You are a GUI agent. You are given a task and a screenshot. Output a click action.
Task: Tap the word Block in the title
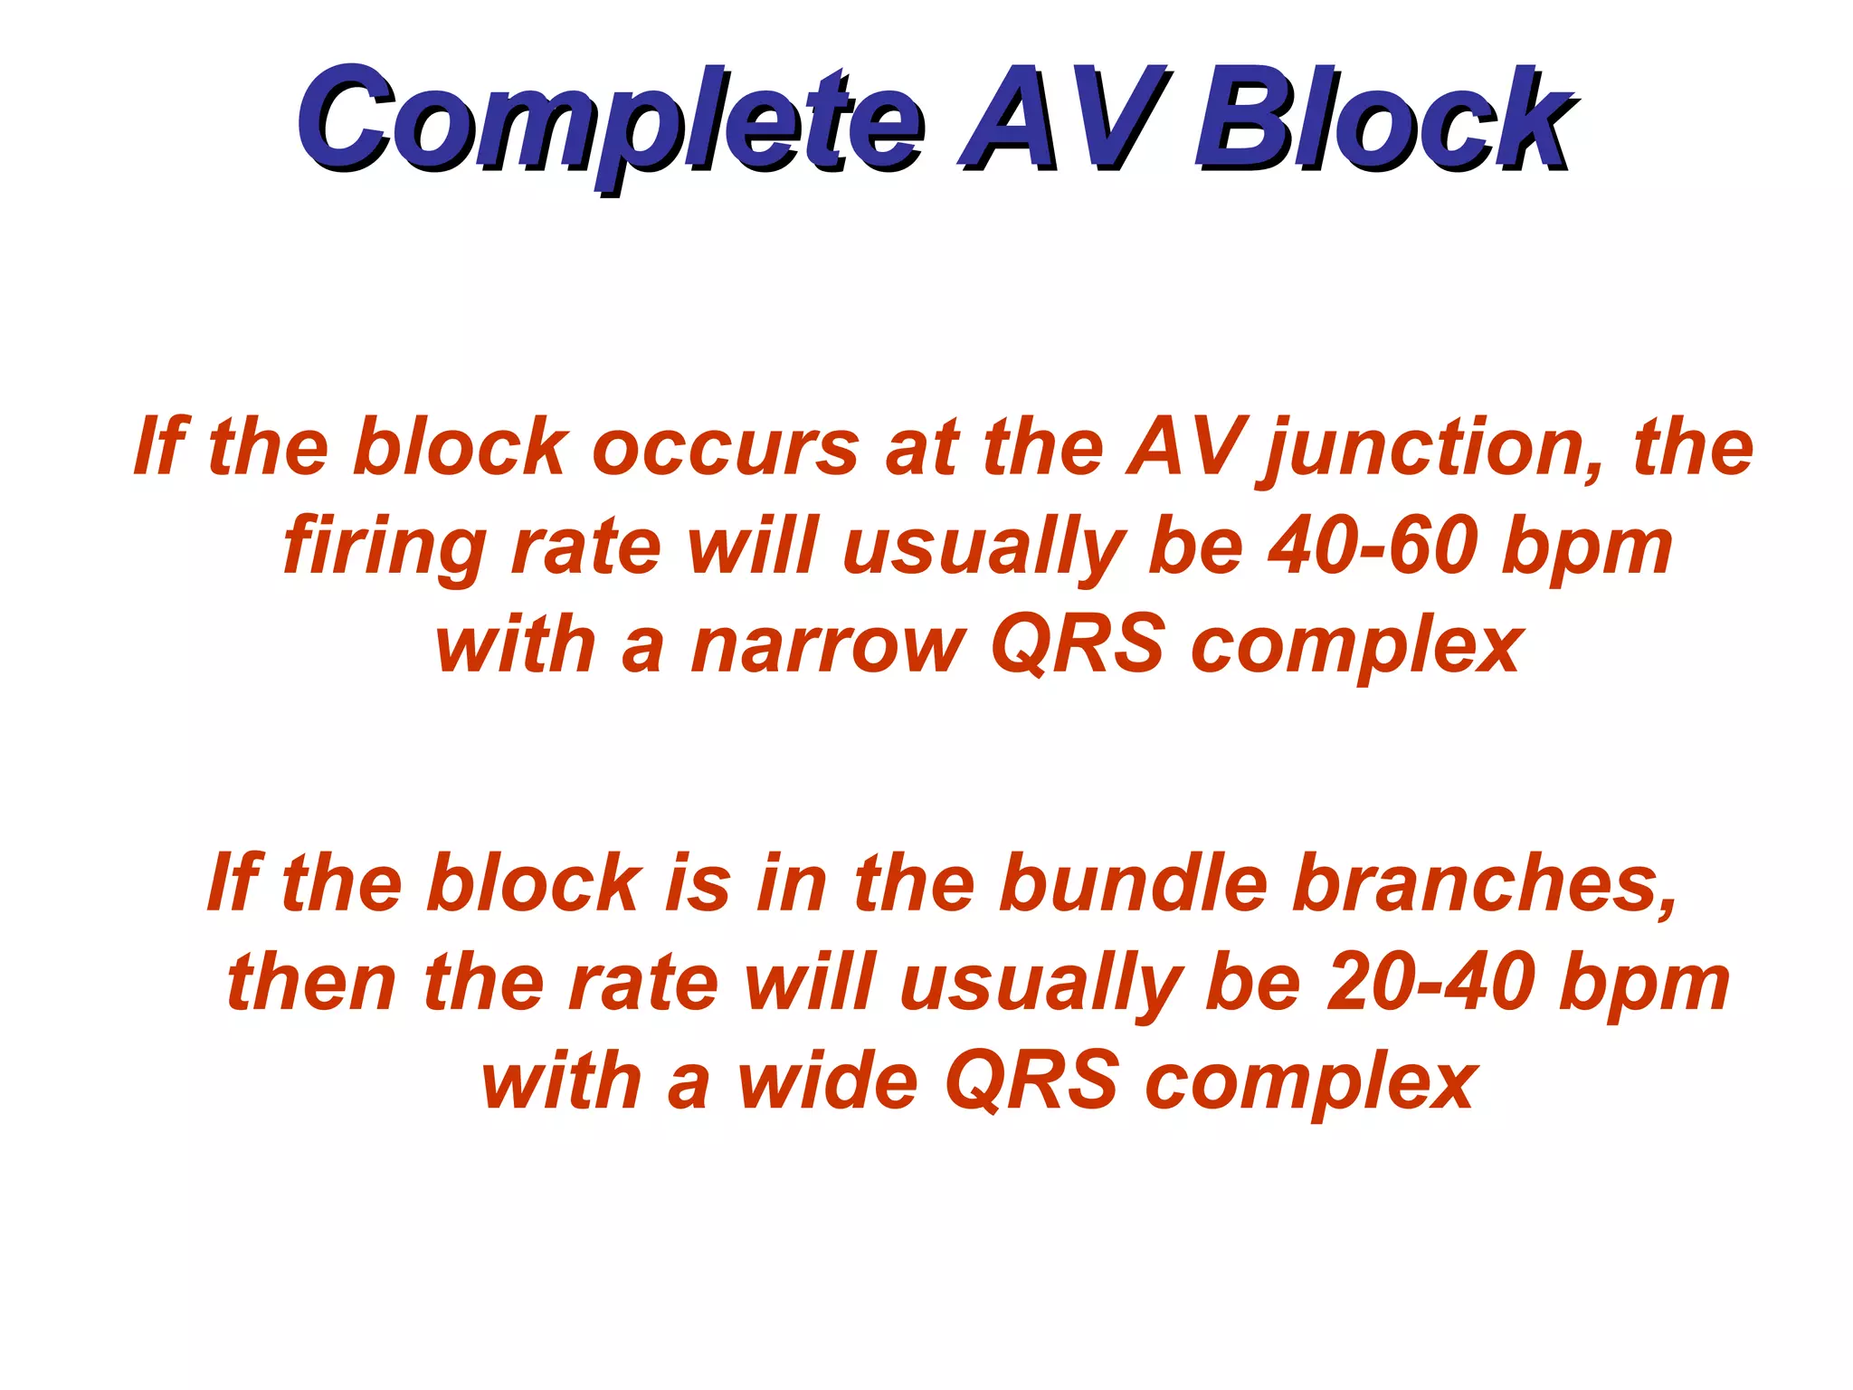(x=1384, y=122)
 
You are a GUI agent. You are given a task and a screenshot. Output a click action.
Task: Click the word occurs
(x=725, y=447)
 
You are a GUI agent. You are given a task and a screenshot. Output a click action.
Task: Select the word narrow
(x=828, y=646)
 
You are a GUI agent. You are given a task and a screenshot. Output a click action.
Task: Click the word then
(x=313, y=983)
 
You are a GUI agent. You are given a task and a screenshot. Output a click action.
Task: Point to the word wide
(x=829, y=1081)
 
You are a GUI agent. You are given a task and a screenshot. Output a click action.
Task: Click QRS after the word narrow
(x=1078, y=646)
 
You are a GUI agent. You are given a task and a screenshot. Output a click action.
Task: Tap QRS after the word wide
(x=1032, y=1081)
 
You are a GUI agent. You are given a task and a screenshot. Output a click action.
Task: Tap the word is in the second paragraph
(x=697, y=883)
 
